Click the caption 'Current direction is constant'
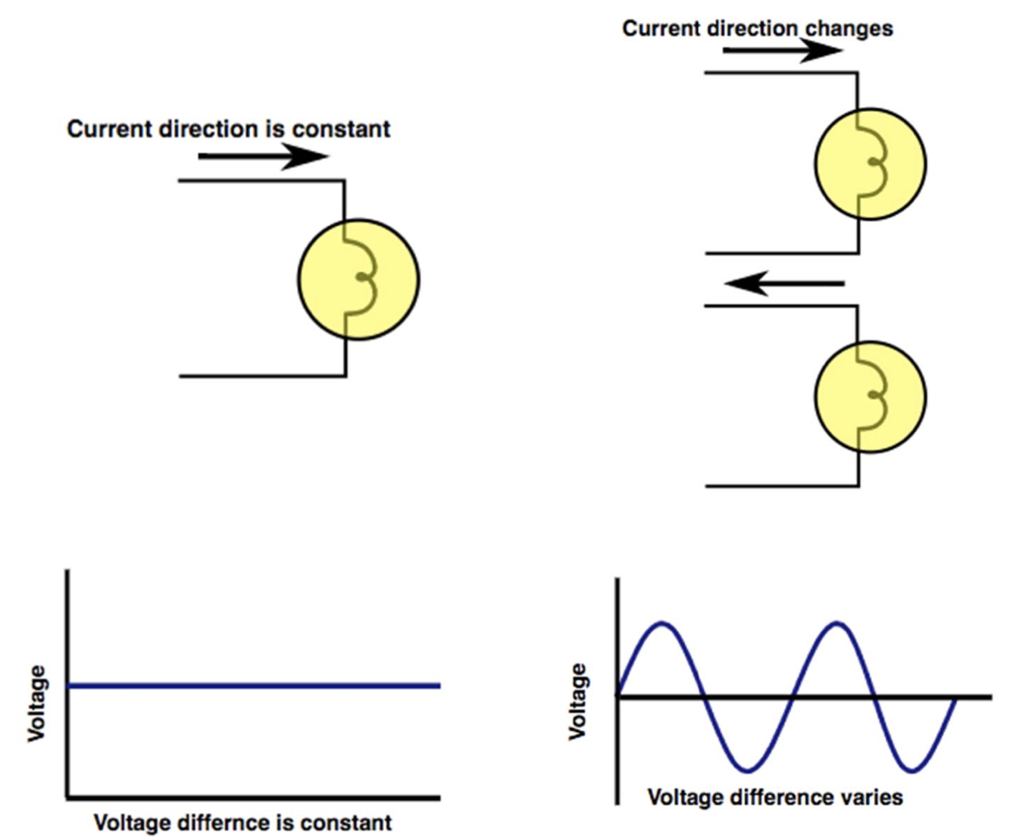(x=228, y=129)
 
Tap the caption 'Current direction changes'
(x=757, y=29)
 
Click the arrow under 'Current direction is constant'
(x=262, y=157)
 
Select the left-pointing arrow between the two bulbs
(x=784, y=283)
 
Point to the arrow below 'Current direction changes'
(x=782, y=51)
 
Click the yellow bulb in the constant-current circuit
(x=358, y=280)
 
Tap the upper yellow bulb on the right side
(x=870, y=164)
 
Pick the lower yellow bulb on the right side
(x=870, y=397)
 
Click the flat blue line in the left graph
(x=254, y=686)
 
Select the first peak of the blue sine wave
(x=663, y=624)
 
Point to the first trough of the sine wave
(x=748, y=771)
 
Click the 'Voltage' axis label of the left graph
(x=36, y=703)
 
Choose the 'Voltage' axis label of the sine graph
(x=577, y=701)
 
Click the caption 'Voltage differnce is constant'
(x=242, y=822)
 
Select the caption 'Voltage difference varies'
(x=774, y=797)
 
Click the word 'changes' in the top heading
(x=849, y=29)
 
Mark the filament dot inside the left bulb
(x=363, y=277)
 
